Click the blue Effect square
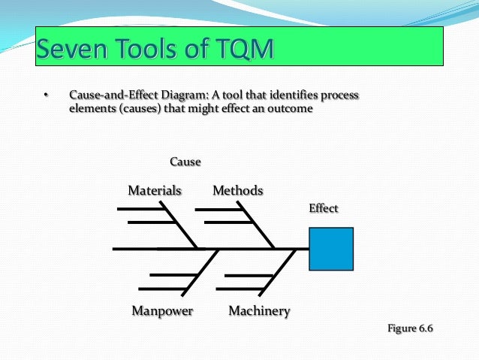click(331, 249)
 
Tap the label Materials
click(155, 191)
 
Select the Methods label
click(238, 191)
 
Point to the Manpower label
click(162, 310)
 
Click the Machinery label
click(259, 310)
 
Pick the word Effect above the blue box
click(324, 208)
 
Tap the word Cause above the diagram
click(185, 162)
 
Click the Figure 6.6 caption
click(411, 328)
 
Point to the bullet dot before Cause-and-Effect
click(45, 96)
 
